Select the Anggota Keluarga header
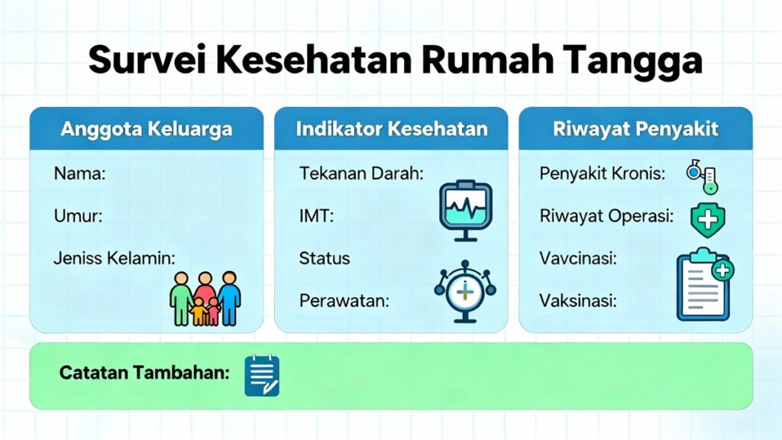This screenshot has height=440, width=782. pyautogui.click(x=146, y=128)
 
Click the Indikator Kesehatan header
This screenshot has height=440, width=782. pyautogui.click(x=391, y=128)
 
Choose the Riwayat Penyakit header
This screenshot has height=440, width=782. pyautogui.click(x=635, y=128)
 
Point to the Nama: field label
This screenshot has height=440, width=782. pyautogui.click(x=79, y=173)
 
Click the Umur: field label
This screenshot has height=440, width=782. pyautogui.click(x=78, y=216)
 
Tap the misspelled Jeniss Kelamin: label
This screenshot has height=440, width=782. pyautogui.click(x=114, y=258)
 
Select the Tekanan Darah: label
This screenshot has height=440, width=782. pyautogui.click(x=361, y=173)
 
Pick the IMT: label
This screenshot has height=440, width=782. pyautogui.click(x=316, y=216)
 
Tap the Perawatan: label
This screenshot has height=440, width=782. pyautogui.click(x=344, y=300)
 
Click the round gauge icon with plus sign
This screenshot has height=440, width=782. pyautogui.click(x=464, y=290)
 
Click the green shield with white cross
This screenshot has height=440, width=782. pyautogui.click(x=707, y=219)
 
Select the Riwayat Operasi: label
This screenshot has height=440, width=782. pyautogui.click(x=606, y=216)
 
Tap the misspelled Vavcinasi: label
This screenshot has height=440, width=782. pyautogui.click(x=578, y=258)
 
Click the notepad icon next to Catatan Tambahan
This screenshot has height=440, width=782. pyautogui.click(x=262, y=376)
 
